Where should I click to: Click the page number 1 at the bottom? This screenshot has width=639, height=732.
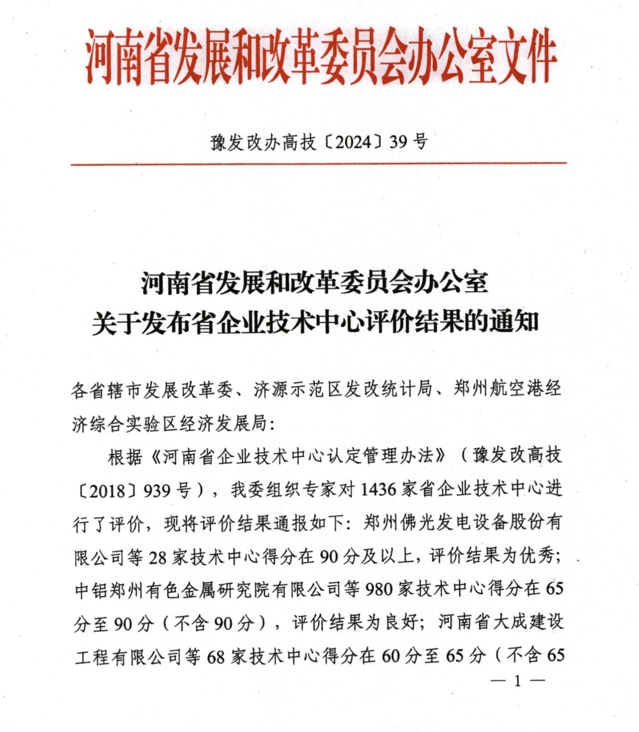pyautogui.click(x=517, y=681)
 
